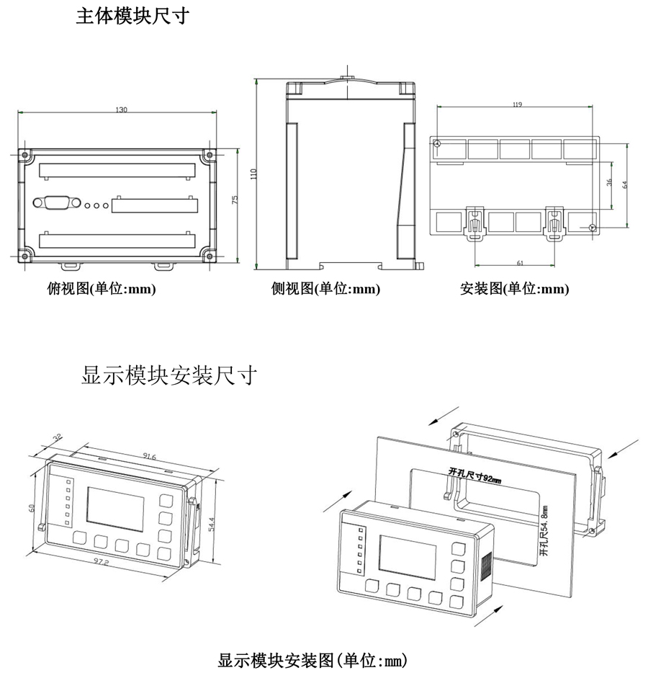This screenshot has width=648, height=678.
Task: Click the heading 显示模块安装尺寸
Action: (x=168, y=375)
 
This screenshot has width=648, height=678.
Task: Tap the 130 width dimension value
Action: (x=121, y=110)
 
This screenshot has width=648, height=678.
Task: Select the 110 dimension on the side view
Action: (x=253, y=174)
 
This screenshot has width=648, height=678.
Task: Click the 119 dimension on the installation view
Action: (x=517, y=104)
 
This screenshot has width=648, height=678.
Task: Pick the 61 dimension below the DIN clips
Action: (x=519, y=263)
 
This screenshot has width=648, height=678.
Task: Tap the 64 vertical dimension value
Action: (x=625, y=184)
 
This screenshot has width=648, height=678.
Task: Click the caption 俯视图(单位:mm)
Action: (x=101, y=289)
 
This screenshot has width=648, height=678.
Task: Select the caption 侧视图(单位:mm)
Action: (x=325, y=289)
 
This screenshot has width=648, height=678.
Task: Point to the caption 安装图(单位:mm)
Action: (x=514, y=289)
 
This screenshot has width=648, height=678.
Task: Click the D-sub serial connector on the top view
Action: (x=57, y=203)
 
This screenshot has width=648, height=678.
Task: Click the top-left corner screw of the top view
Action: (x=24, y=154)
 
